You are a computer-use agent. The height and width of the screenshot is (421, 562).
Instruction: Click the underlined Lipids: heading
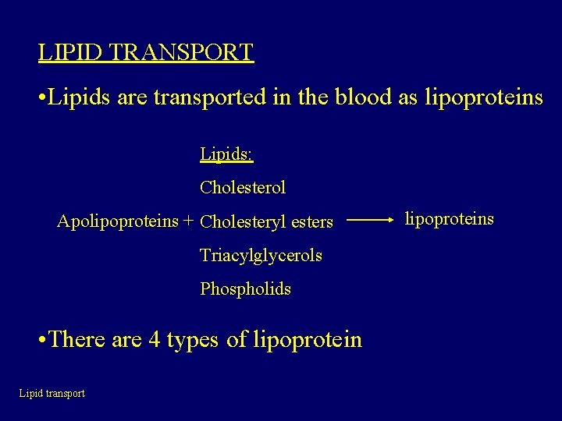point(226,154)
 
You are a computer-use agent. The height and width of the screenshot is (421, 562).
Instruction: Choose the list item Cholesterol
point(243,187)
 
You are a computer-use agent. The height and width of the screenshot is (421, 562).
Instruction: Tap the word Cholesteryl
point(242,222)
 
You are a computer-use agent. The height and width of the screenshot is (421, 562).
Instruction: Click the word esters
point(311,222)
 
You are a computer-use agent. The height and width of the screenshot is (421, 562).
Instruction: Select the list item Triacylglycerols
point(261,255)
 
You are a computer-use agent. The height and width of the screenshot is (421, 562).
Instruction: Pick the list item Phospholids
point(245,289)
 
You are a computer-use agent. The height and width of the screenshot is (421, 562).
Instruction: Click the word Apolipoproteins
point(118,221)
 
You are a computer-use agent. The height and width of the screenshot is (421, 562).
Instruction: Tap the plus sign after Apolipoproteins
point(188,221)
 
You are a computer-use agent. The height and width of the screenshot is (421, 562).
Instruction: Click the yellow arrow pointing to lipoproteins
point(369,221)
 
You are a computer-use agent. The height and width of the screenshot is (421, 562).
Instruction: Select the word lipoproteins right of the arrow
point(449,218)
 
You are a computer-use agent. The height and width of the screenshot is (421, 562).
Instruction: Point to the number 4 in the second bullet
point(154,340)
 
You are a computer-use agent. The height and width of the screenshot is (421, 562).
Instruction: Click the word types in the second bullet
point(193,340)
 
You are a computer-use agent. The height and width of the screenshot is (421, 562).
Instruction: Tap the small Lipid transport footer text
point(52,394)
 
